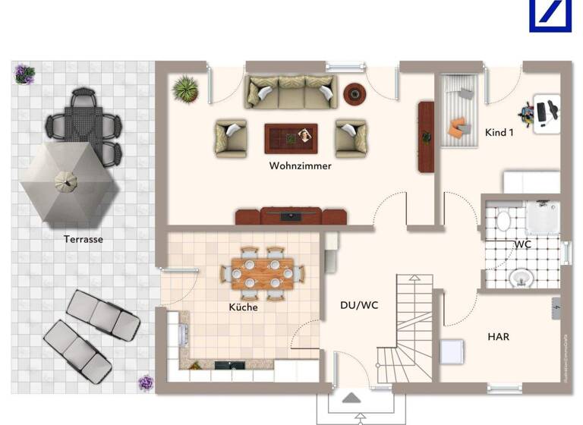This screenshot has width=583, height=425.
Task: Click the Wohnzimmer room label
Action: tap(300, 165)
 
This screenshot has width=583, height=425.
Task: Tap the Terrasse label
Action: tap(84, 239)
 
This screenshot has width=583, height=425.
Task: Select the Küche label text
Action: tap(244, 307)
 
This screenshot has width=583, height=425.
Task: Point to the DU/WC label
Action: tap(359, 305)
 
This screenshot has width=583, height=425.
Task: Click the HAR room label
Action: tap(498, 336)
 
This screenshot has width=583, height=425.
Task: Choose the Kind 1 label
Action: tap(499, 133)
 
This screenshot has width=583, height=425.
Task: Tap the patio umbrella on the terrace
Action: tap(69, 182)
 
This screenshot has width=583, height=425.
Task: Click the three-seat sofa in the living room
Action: tap(290, 92)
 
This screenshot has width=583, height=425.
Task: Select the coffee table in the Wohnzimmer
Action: tap(291, 137)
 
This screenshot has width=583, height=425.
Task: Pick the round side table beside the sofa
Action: tap(355, 93)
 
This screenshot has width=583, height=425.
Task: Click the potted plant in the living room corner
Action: tap(184, 89)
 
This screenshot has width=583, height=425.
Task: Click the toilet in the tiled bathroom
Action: tap(503, 221)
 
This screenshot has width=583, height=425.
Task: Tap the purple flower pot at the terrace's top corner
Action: tap(24, 74)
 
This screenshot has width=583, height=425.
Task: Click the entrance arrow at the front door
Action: tap(351, 398)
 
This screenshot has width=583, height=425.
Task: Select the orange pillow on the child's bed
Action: tap(456, 125)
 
